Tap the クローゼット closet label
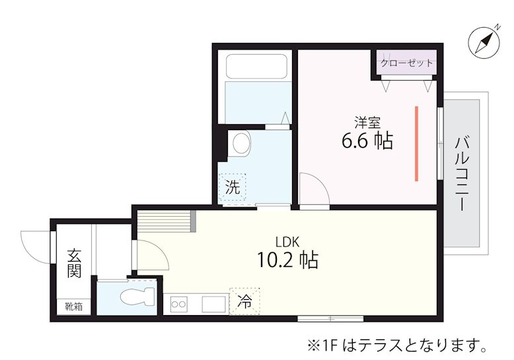click(x=407, y=63)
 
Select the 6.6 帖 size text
click(x=367, y=141)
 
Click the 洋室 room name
click(x=367, y=122)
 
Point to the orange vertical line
click(x=416, y=143)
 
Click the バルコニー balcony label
click(x=462, y=174)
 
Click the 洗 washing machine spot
click(x=232, y=186)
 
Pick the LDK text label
click(x=287, y=241)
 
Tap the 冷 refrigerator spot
click(x=244, y=302)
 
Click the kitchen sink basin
click(x=213, y=304)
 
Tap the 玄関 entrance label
click(x=73, y=263)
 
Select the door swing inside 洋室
click(x=312, y=190)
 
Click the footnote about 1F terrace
click(x=396, y=345)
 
